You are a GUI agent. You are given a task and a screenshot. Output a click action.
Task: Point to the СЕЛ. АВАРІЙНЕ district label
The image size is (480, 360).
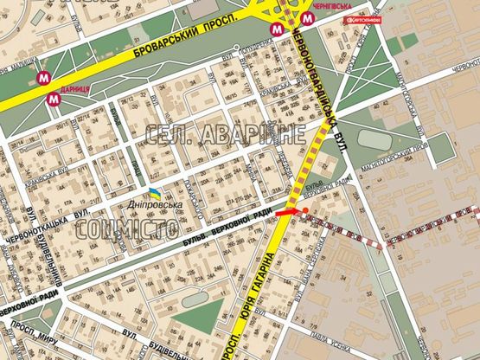[x=226, y=135]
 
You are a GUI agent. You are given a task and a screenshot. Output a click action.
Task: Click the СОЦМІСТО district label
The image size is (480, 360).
[x=127, y=229]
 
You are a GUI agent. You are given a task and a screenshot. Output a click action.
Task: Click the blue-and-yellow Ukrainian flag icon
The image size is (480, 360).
[x=152, y=192]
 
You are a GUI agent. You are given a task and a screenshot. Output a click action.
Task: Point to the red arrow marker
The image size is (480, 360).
[x=291, y=210]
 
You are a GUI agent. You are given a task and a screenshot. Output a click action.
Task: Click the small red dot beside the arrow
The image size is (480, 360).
[x=304, y=210]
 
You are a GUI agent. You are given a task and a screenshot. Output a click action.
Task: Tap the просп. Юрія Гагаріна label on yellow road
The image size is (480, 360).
[x=259, y=290]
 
